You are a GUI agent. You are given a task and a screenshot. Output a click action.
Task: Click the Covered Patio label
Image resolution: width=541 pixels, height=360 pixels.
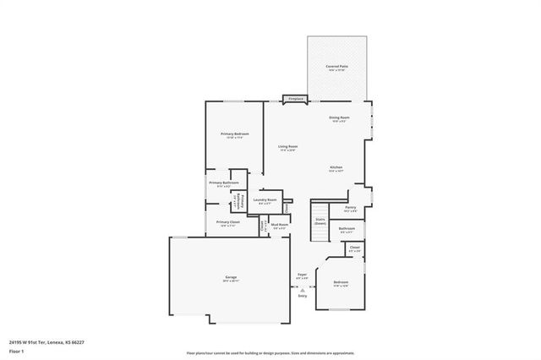(x=336, y=66)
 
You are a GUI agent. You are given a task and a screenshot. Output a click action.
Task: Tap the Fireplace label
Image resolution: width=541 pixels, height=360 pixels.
(x=296, y=100)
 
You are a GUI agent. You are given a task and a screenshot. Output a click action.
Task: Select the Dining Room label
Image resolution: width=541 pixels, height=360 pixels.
(x=339, y=117)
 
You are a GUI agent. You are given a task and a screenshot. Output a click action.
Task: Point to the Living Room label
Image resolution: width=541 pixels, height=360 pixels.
(x=288, y=147)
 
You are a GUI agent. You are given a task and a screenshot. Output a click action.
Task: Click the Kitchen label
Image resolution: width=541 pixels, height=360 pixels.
(x=336, y=168)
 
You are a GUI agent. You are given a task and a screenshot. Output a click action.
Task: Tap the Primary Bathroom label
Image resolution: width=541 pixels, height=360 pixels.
(x=224, y=183)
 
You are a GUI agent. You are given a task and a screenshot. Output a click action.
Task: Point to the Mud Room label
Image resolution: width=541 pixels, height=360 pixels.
(x=279, y=224)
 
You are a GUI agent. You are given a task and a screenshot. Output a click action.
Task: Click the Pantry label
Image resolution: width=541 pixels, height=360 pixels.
(x=350, y=208)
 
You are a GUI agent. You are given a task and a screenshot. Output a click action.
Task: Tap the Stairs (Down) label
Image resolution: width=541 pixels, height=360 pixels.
(x=320, y=220)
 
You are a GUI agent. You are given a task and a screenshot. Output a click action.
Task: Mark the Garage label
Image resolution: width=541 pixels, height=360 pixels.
(x=230, y=278)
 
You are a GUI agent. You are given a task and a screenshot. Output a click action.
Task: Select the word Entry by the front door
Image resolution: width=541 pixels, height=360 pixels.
(x=303, y=296)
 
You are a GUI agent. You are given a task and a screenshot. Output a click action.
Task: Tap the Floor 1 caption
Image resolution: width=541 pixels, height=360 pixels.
(x=16, y=351)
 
